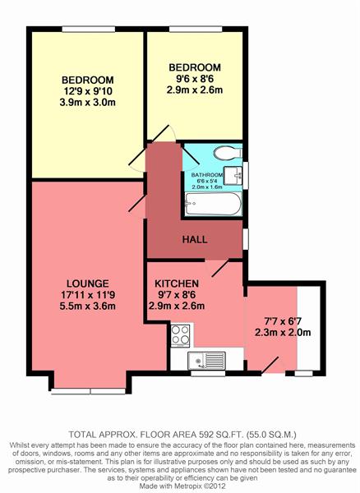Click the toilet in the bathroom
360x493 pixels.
coord(228,154)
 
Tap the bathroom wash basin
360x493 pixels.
coord(233,175)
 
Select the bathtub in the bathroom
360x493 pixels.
coord(214,204)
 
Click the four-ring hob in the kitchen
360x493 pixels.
coord(181,335)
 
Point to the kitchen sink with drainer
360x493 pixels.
coord(206,361)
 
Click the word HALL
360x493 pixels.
coord(195,240)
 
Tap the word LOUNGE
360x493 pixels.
coord(88,283)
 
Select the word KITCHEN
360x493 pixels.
coord(177,283)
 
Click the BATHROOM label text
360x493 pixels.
coord(207,175)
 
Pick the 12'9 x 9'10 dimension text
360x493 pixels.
coord(88,91)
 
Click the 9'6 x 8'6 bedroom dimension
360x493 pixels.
coord(195,79)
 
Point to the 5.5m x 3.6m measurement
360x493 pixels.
coord(88,306)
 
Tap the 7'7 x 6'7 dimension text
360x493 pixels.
coord(283,321)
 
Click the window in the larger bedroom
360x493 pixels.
coord(88,30)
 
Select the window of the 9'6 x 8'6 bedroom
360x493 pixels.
coord(196,30)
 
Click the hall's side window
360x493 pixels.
coord(246,239)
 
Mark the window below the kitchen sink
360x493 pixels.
coord(208,374)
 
